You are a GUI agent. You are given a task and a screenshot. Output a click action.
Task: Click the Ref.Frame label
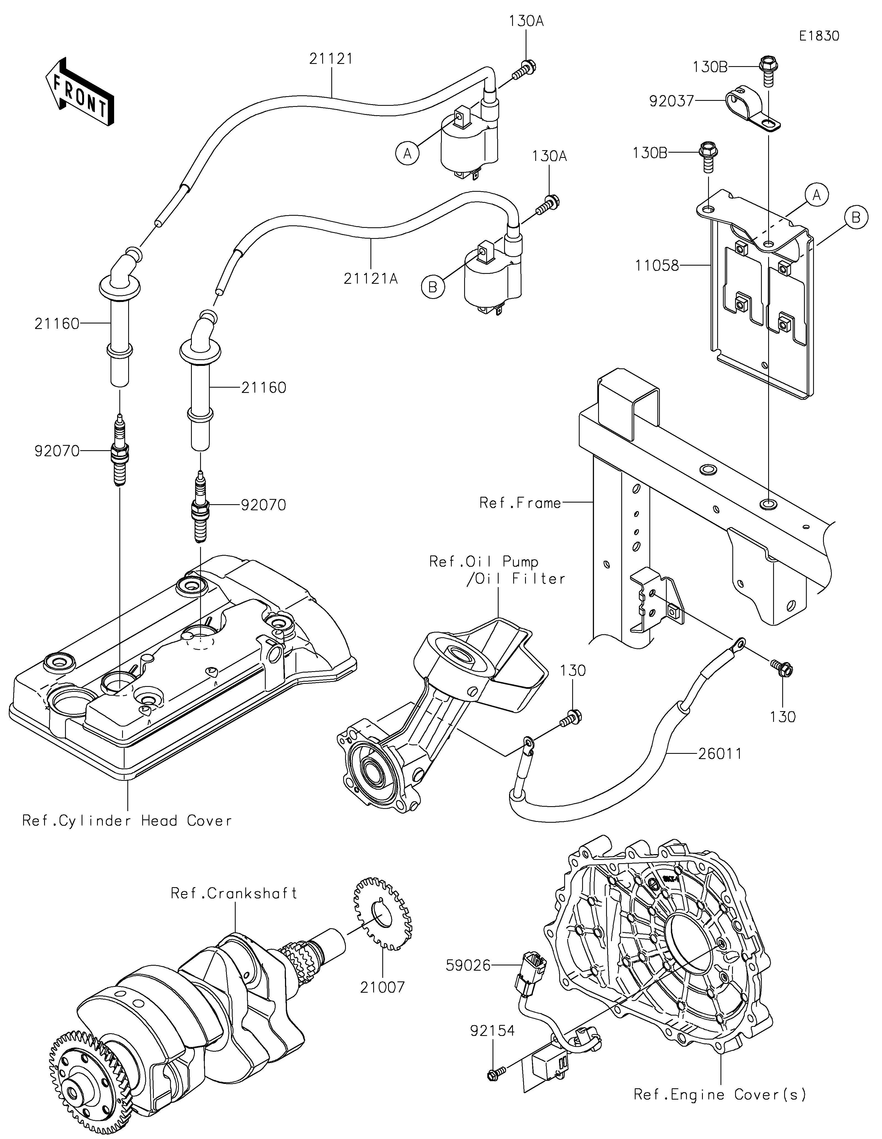pos(520,503)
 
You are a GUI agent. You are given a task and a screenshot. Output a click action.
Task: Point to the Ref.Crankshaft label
pos(234,893)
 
